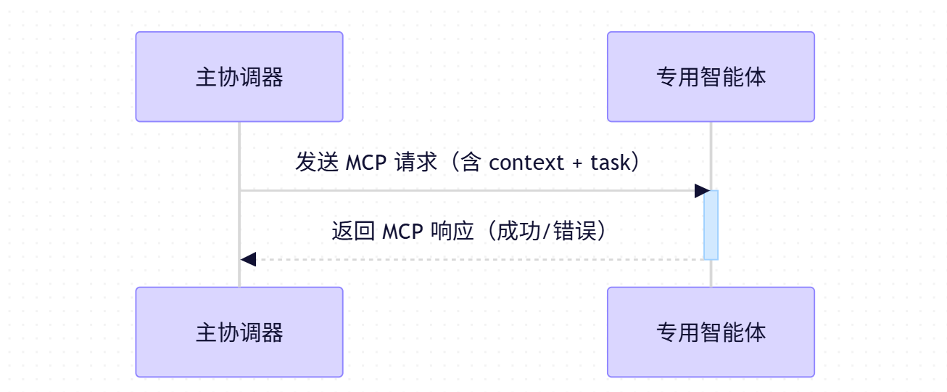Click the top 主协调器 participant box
[x=239, y=76]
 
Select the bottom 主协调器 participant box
[x=239, y=332]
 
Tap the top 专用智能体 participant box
[x=711, y=76]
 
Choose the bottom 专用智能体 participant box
[x=711, y=332]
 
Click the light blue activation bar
[x=711, y=224]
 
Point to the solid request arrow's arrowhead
[x=702, y=191]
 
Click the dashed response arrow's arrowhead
[x=248, y=258]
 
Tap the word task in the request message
[x=611, y=162]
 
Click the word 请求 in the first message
[x=417, y=162]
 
